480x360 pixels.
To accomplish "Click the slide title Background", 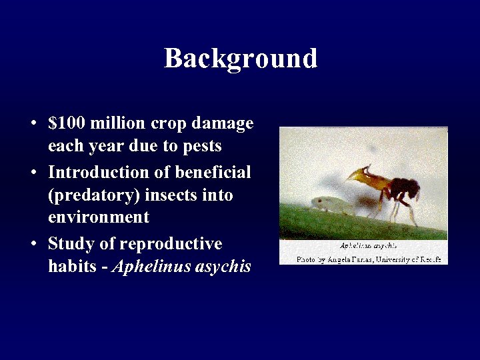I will (x=241, y=59).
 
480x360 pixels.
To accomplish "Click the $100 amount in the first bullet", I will (x=67, y=124).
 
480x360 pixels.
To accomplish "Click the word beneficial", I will (x=213, y=172).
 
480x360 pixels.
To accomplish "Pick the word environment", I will (x=99, y=217).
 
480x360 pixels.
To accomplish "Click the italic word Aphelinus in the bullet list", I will (x=147, y=267).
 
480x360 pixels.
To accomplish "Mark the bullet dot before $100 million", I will (x=33, y=125).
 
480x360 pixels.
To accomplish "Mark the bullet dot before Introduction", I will (x=33, y=173).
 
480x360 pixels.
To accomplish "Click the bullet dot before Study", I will (x=33, y=244).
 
